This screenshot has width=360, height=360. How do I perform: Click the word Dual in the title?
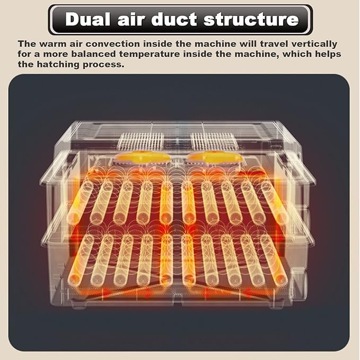pos(87,19)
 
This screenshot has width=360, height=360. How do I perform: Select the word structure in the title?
pos(251,19)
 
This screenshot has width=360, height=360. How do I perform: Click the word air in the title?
pos(131,19)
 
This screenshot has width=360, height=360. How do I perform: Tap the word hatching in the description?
pos(58,64)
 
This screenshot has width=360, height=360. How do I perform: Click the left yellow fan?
pos(143,157)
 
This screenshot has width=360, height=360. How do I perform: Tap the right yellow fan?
pos(215,157)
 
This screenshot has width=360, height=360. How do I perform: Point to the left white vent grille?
pos(141,141)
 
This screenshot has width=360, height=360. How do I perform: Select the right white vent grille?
pos(213,141)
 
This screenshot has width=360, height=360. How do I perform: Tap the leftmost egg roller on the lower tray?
pos(81,259)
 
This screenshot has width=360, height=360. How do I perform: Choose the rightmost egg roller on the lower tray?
pos(274,259)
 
